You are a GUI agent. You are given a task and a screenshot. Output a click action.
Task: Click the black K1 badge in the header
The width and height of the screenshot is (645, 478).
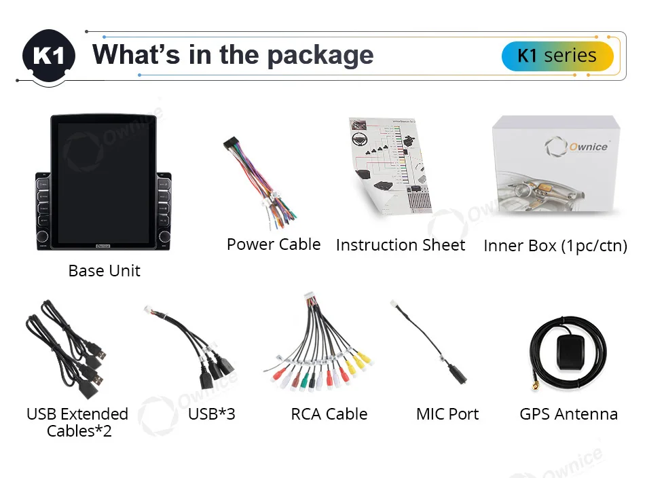point(49,56)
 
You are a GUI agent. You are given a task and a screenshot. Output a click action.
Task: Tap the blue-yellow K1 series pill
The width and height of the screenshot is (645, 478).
point(557,56)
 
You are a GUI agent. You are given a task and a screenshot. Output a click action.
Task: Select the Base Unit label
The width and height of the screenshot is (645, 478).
point(105,271)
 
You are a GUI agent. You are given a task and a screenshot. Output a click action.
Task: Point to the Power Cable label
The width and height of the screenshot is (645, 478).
point(274,244)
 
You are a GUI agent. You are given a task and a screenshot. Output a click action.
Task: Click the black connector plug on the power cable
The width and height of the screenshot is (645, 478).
point(232,149)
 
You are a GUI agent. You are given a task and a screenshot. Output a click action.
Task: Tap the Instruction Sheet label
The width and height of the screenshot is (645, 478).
point(401,245)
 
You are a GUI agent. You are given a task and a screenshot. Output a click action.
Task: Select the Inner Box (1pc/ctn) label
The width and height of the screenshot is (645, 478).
point(555,246)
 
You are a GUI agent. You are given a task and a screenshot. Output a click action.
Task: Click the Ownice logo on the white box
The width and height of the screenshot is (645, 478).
point(578,146)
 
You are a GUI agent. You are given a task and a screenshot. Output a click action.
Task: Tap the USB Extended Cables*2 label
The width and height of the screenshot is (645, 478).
point(77,422)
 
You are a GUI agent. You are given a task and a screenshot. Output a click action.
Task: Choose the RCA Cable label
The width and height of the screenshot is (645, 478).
point(329,414)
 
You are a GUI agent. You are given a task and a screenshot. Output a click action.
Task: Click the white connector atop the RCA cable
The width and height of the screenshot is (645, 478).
point(312,299)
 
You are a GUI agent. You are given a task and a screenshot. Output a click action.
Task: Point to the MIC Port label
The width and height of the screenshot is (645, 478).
point(447,414)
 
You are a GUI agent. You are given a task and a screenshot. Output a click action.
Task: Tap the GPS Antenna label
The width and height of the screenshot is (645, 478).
point(569,414)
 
